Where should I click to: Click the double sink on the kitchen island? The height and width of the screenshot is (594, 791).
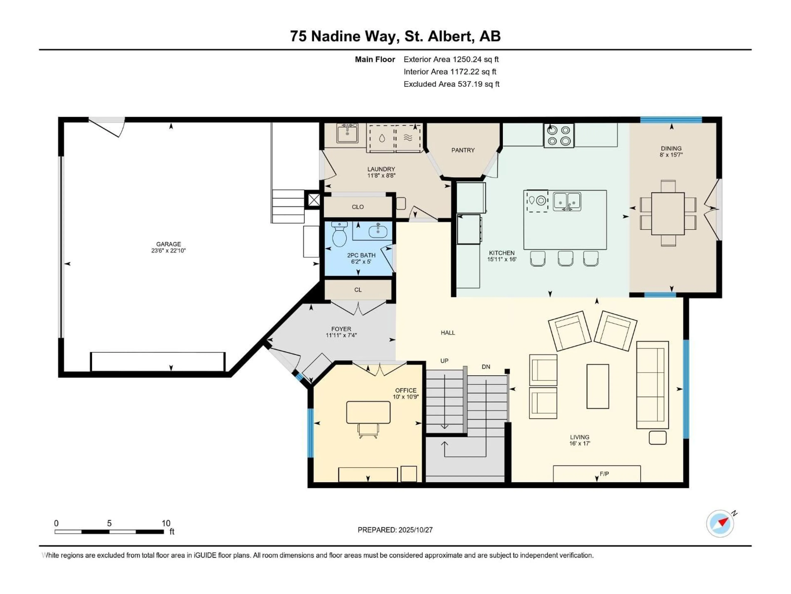click(567, 202)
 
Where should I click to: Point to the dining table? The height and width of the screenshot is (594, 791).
click(668, 213)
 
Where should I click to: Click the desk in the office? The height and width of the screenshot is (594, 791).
click(368, 412)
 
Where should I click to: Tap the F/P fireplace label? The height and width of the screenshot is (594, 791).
click(604, 474)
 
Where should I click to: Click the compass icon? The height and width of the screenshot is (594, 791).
click(720, 523)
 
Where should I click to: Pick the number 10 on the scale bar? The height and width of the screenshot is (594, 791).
click(166, 523)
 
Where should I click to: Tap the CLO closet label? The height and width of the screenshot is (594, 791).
click(358, 207)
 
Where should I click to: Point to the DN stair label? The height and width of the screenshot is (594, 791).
click(486, 367)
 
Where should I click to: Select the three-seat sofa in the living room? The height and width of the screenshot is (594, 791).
click(652, 385)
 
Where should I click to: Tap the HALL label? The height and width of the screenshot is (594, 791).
click(448, 333)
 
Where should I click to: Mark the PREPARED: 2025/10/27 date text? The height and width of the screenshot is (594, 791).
click(395, 530)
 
